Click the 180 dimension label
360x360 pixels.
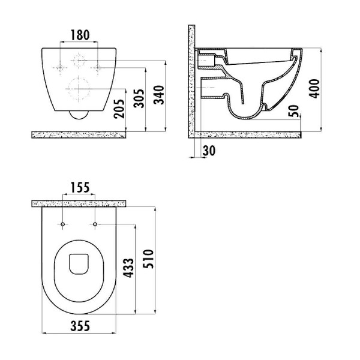click(80, 35)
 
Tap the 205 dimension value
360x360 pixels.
click(119, 109)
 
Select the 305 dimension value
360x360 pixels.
click(139, 98)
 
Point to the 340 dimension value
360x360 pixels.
click(159, 95)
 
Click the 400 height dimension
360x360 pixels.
click(314, 89)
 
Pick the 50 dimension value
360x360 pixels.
click(293, 110)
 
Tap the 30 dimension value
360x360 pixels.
click(209, 151)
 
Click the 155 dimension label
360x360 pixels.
click(80, 188)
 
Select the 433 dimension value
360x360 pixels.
click(128, 268)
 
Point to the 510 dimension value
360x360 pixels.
click(148, 259)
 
